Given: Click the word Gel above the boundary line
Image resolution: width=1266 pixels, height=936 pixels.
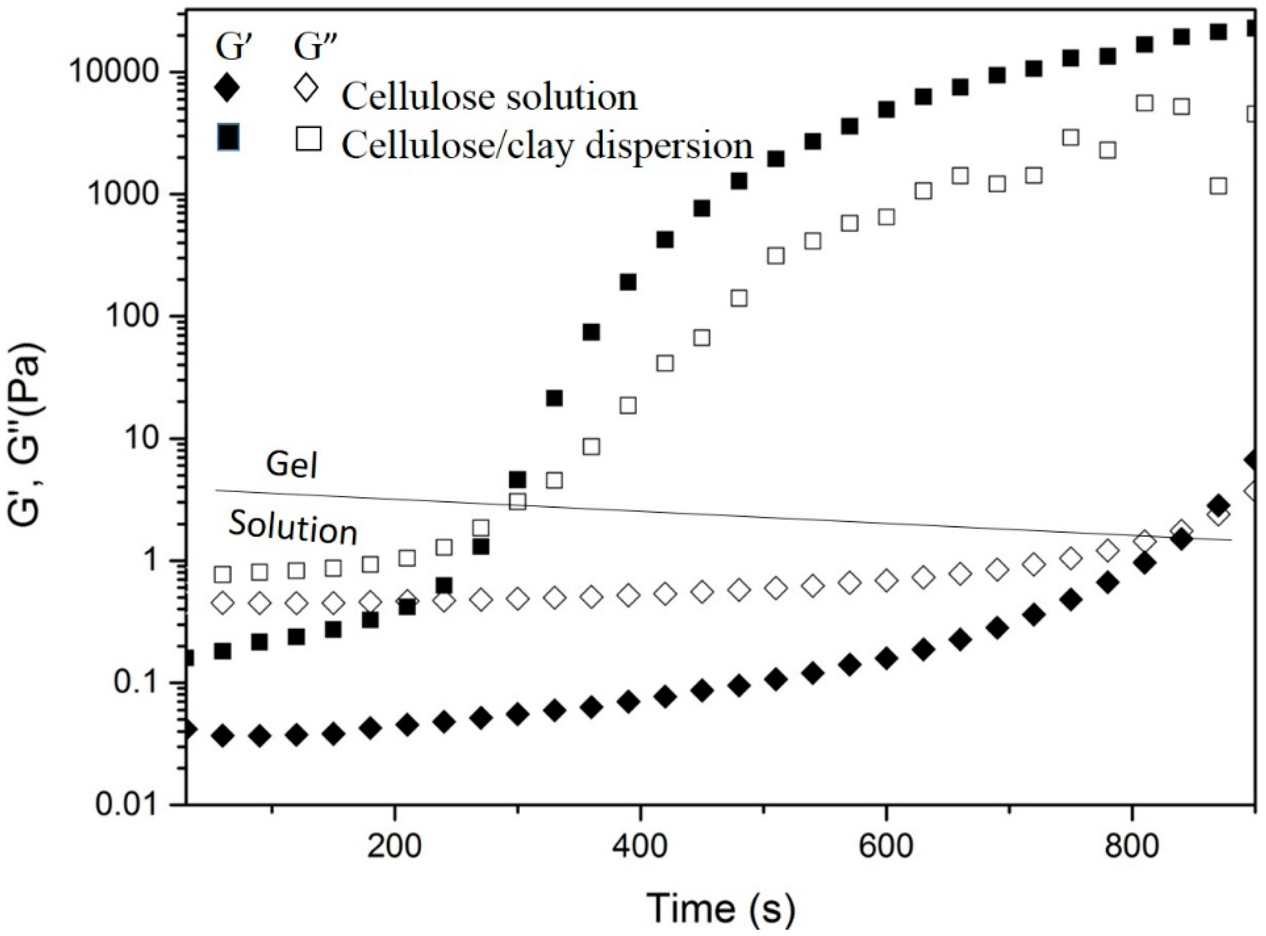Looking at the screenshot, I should (291, 466).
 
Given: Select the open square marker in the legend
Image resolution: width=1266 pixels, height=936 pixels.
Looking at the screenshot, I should (308, 139).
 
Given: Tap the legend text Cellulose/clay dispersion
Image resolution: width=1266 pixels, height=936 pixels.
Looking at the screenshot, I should (547, 145).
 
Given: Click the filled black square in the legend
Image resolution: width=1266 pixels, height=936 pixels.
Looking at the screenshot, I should (228, 139).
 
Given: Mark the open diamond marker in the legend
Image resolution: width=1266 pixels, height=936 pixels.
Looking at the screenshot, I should (306, 89).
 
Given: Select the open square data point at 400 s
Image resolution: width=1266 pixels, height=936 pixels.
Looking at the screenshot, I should (628, 406).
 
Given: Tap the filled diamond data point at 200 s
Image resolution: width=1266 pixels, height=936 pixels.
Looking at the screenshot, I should (407, 725).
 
